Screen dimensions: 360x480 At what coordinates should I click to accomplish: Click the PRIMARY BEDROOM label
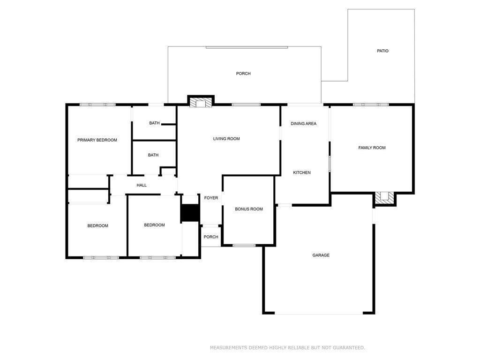pyautogui.click(x=97, y=140)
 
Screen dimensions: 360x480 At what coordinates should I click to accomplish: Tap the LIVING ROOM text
pyautogui.click(x=226, y=139)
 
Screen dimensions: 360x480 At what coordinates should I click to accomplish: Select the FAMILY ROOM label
pyautogui.click(x=372, y=148)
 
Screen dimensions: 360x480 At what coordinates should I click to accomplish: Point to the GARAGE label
pyautogui.click(x=321, y=255)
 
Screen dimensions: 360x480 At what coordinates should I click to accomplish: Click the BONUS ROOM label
pyautogui.click(x=249, y=209)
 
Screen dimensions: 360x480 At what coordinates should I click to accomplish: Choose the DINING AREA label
pyautogui.click(x=303, y=124)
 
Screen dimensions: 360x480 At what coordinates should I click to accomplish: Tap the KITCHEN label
pyautogui.click(x=302, y=172)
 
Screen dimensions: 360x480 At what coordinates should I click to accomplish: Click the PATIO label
pyautogui.click(x=382, y=51)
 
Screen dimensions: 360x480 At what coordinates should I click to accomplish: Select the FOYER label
pyautogui.click(x=211, y=198)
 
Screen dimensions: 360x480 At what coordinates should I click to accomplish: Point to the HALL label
pyautogui.click(x=142, y=185)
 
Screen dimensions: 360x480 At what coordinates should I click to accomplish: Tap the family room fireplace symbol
pyautogui.click(x=385, y=197)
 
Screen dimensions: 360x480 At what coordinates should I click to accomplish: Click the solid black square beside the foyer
pyautogui.click(x=190, y=213)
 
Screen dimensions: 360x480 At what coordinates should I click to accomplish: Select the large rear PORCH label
pyautogui.click(x=243, y=74)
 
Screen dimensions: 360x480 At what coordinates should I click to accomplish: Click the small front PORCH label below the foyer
pyautogui.click(x=211, y=237)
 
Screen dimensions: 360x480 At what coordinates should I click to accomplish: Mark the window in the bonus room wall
pyautogui.click(x=244, y=245)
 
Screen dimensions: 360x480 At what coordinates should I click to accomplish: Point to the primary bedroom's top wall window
pyautogui.click(x=97, y=105)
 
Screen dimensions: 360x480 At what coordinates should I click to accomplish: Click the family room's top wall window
pyautogui.click(x=370, y=105)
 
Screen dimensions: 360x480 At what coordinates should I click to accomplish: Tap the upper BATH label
pyautogui.click(x=154, y=123)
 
